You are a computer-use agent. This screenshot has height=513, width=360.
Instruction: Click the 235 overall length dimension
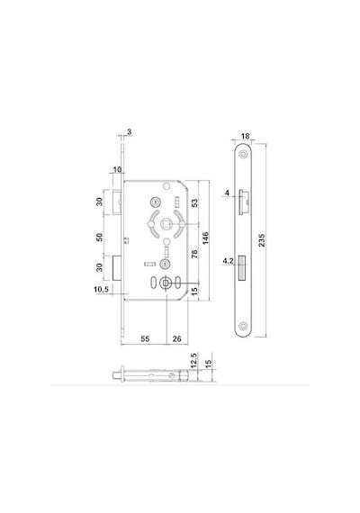(262, 240)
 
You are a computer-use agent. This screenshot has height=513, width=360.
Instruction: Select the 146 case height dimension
(205, 238)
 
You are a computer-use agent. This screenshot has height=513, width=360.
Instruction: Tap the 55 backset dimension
(145, 339)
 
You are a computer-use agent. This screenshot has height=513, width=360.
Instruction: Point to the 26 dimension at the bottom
(176, 339)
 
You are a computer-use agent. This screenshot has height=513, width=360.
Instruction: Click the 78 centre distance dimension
(194, 254)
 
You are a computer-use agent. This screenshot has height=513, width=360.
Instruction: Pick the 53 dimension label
(194, 202)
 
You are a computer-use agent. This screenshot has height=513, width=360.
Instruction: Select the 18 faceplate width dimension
(245, 136)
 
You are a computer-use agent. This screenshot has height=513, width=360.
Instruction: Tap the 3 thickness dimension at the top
(130, 131)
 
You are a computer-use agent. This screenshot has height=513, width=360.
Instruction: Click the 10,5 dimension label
(102, 290)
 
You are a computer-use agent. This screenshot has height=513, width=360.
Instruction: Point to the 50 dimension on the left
(99, 237)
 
